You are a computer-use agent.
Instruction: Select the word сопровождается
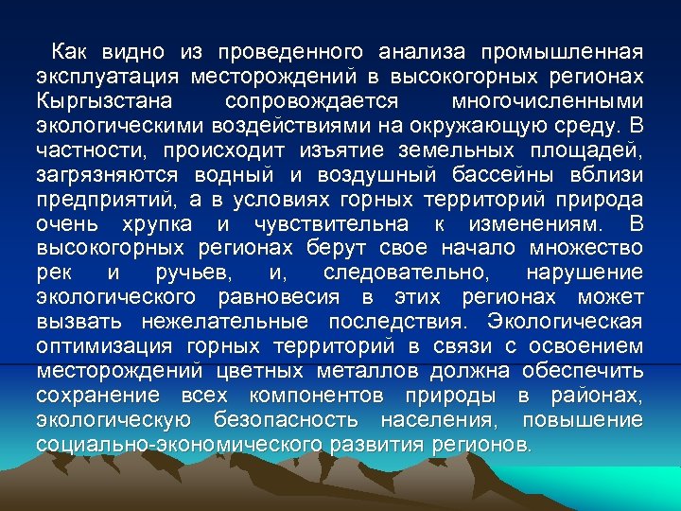312,100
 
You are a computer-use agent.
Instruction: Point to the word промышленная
562,51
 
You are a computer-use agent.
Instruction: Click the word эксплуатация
107,76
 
